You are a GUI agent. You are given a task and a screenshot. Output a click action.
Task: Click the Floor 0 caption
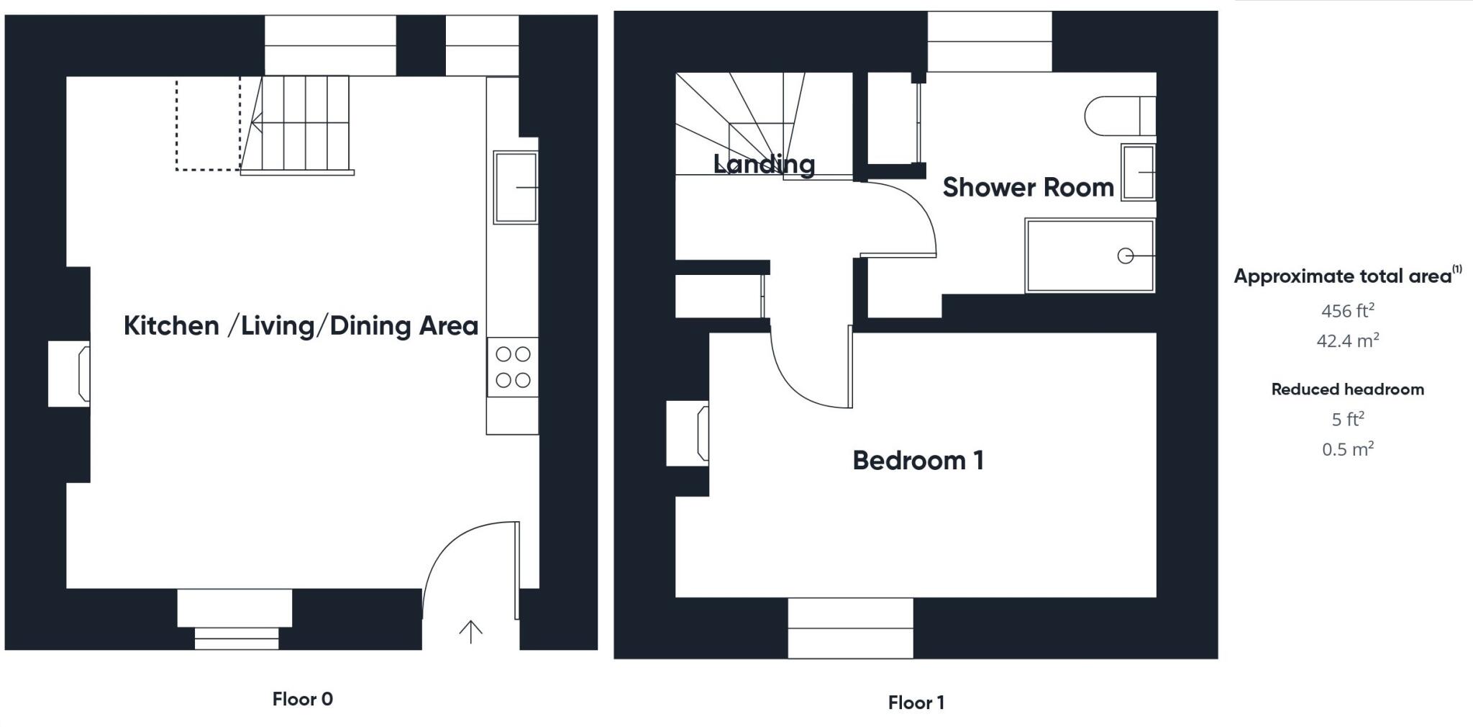click(x=302, y=699)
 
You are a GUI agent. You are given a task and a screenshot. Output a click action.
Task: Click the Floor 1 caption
click(x=916, y=703)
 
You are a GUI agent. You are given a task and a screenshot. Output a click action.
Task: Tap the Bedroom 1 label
click(x=918, y=461)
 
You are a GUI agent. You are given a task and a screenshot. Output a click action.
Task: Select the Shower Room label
click(x=1028, y=187)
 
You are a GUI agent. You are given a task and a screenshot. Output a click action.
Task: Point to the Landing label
click(x=764, y=164)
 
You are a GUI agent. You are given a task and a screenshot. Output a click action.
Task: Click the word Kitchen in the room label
click(x=171, y=325)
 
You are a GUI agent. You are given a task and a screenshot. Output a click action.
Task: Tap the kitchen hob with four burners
click(x=513, y=367)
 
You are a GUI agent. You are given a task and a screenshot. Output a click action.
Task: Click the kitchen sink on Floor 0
click(x=515, y=187)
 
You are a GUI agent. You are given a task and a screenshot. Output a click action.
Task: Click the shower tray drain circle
click(x=1126, y=256)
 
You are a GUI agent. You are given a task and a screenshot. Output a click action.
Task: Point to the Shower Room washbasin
click(x=1137, y=173)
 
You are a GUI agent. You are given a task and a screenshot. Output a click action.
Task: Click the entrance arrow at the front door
click(x=470, y=631)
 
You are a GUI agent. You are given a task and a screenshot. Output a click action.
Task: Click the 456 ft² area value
click(x=1347, y=311)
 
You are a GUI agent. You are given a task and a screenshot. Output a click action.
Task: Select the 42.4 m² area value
click(x=1347, y=340)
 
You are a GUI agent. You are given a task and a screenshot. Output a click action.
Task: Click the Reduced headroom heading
click(x=1347, y=389)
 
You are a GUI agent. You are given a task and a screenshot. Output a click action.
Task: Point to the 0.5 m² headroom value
click(x=1347, y=449)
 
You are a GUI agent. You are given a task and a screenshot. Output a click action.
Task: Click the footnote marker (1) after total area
click(x=1456, y=269)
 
